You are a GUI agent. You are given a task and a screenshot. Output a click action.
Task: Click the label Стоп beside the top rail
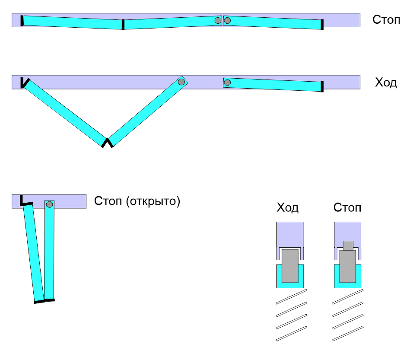[x=386, y=20]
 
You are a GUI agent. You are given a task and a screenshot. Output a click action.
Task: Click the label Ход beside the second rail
[x=386, y=83]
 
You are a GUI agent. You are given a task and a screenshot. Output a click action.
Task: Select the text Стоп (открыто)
[x=137, y=201]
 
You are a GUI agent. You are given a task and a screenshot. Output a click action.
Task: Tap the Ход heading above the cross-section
[x=287, y=208]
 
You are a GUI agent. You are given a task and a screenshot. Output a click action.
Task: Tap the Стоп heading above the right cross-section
[x=347, y=208]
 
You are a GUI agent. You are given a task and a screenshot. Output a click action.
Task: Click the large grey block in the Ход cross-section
[x=290, y=265]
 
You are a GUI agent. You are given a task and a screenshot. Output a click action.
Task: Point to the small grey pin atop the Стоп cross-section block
[x=348, y=245]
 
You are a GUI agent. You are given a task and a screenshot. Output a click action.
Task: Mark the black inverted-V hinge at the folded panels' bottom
[x=107, y=142]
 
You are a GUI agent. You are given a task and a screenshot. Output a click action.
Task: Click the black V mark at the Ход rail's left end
[x=24, y=82]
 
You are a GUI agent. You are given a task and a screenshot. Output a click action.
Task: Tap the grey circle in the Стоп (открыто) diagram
[x=49, y=204]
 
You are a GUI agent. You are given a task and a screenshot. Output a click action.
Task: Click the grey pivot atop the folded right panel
[x=181, y=82]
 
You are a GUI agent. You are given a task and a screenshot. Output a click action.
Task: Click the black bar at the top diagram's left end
[x=22, y=20]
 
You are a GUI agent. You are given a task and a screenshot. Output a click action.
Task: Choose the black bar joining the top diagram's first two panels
[x=123, y=25]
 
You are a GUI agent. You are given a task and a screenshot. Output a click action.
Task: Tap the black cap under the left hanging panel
[x=39, y=301]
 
